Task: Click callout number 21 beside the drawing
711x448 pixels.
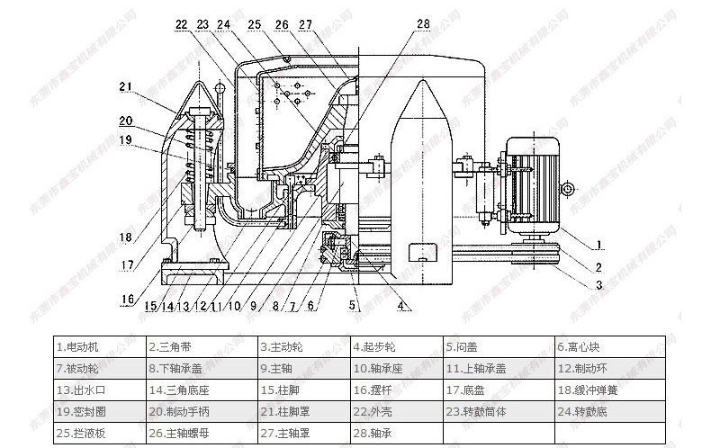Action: pos(124,87)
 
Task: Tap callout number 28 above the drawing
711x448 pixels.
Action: pos(424,24)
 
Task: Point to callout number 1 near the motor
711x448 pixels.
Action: pos(599,245)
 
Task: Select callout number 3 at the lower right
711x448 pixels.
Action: pos(599,285)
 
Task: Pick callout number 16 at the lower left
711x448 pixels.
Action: pos(127,300)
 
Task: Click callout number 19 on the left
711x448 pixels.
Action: pos(124,139)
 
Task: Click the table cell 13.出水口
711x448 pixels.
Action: pos(97,390)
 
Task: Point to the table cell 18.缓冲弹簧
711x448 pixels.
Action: pos(610,390)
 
